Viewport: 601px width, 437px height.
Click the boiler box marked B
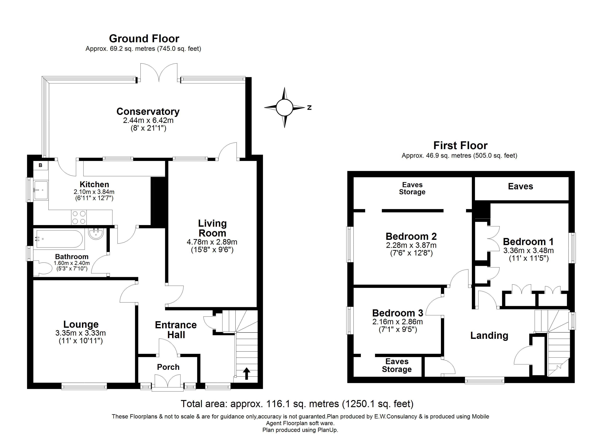41,165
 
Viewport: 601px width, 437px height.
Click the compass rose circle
284,108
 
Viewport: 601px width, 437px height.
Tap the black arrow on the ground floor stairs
246,373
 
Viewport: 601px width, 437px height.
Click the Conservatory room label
148,112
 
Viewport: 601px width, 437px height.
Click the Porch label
168,367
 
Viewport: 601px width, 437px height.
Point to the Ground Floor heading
144,39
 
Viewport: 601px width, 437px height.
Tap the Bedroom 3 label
398,313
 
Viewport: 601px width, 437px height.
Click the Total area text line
297,404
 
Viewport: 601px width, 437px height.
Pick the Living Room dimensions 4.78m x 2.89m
212,242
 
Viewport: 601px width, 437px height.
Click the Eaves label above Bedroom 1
521,186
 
